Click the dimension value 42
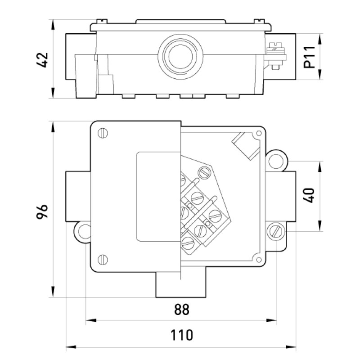pyautogui.click(x=42, y=60)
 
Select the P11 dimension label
pyautogui.click(x=309, y=57)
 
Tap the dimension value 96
pyautogui.click(x=42, y=211)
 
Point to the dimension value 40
pyautogui.click(x=309, y=195)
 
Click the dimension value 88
pyautogui.click(x=182, y=309)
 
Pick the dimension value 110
pyautogui.click(x=182, y=335)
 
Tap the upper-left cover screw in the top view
pyautogui.click(x=103, y=133)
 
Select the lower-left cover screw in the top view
pyautogui.click(x=103, y=260)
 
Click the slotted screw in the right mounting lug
pyautogui.click(x=276, y=231)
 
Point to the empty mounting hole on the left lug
pyautogui.click(x=84, y=232)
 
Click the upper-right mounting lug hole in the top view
pyautogui.click(x=276, y=162)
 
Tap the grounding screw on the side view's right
pyautogui.click(x=276, y=56)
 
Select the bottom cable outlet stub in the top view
pyautogui.click(x=181, y=285)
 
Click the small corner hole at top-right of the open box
pyautogui.click(x=258, y=133)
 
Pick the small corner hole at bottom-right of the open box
pyautogui.click(x=258, y=260)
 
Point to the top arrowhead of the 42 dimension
pyautogui.click(x=53, y=25)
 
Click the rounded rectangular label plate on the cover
pyautogui.click(x=158, y=197)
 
